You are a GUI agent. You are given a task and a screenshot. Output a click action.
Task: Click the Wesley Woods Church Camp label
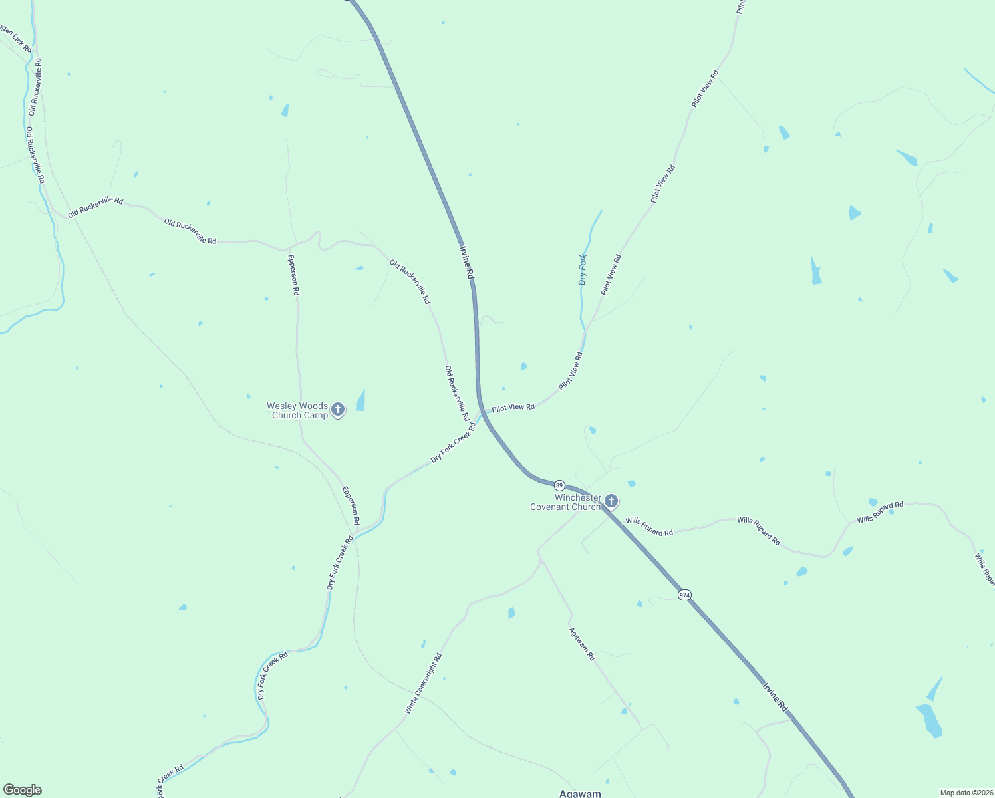tap(297, 410)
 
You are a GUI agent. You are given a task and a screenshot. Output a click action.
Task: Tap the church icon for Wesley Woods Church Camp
tap(338, 410)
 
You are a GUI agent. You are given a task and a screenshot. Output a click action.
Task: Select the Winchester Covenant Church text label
tap(565, 502)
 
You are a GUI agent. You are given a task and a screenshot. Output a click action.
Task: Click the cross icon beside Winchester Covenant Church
tap(611, 501)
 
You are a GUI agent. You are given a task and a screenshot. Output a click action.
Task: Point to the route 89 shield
tap(559, 485)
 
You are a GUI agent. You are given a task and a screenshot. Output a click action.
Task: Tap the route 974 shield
tap(684, 595)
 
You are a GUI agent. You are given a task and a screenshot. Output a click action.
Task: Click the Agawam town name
tap(580, 793)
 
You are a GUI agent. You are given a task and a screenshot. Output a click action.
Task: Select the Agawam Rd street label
tap(582, 644)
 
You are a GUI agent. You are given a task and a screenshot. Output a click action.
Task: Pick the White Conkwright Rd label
tap(423, 684)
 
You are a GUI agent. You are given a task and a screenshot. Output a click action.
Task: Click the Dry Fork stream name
tap(583, 269)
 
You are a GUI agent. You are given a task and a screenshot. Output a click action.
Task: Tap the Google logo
tap(22, 790)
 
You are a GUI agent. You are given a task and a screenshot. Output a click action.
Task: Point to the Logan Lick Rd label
tap(15, 39)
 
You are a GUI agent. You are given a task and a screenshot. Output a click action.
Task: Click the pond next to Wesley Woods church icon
tap(361, 400)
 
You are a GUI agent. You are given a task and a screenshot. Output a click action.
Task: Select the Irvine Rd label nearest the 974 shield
tap(775, 696)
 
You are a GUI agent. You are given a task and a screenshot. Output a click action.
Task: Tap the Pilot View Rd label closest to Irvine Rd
tap(513, 407)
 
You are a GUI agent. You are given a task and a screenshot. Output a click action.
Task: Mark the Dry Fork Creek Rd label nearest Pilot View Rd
tap(454, 442)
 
